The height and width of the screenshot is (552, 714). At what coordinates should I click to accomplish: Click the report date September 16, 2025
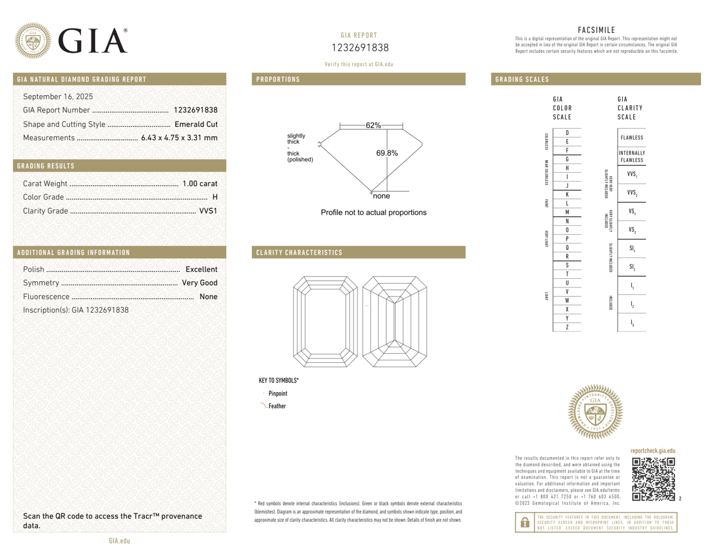tap(58, 96)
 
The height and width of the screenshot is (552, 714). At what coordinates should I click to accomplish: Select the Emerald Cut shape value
tap(196, 124)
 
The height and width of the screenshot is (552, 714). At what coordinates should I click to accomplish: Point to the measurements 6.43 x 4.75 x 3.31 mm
tap(179, 138)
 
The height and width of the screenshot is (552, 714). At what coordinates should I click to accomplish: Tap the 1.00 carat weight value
tap(200, 184)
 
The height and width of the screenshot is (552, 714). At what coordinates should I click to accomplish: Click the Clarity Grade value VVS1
tap(208, 211)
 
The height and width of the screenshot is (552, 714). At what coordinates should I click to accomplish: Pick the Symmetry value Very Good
tap(199, 283)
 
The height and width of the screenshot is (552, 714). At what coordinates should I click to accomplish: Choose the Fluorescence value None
tap(208, 297)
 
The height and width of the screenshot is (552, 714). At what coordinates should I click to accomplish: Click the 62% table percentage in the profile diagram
tap(373, 125)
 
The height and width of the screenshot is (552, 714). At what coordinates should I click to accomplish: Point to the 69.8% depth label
tap(387, 153)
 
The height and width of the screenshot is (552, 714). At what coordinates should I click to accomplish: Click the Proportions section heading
tap(278, 79)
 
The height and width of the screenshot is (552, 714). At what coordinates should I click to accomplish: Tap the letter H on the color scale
tap(567, 168)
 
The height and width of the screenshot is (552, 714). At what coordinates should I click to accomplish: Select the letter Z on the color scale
tap(567, 327)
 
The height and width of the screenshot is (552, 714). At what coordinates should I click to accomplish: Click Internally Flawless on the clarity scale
tap(632, 156)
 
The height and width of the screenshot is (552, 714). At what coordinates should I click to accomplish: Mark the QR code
tap(653, 479)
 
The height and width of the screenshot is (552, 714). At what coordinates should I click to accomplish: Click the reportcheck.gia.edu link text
tap(653, 451)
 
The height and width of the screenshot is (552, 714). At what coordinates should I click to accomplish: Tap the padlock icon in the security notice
tap(525, 522)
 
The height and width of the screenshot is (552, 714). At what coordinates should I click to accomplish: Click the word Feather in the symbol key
tap(277, 406)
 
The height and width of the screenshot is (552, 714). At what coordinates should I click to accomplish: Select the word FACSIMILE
tap(596, 30)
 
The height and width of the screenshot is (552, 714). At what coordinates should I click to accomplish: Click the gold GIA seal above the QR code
tap(595, 411)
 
